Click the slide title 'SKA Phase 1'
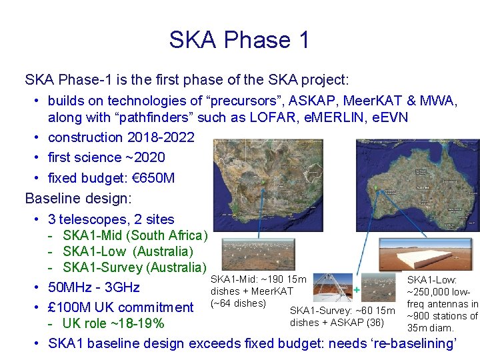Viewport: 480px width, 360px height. (x=239, y=40)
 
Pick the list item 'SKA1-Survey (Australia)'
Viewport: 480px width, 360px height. (x=134, y=268)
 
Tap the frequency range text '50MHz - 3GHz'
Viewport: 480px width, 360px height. (x=94, y=288)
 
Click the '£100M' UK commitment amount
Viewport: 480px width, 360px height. (x=74, y=307)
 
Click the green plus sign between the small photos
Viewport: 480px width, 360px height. (x=357, y=290)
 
